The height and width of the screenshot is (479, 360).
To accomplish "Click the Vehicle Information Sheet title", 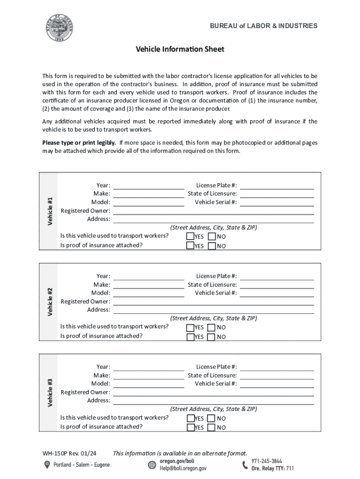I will pyautogui.click(x=180, y=49).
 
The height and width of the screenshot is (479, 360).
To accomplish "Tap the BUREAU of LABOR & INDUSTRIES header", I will pyautogui.click(x=263, y=26).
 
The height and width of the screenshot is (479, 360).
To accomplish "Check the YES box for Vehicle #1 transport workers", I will pyautogui.click(x=190, y=236).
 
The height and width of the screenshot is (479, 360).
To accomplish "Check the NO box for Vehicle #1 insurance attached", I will pyautogui.click(x=212, y=246).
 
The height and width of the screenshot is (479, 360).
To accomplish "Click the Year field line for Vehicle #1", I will pyautogui.click(x=149, y=186).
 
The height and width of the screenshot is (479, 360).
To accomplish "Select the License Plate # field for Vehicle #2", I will pyautogui.click(x=277, y=276).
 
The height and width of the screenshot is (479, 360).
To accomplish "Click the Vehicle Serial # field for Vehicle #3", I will pyautogui.click(x=277, y=384).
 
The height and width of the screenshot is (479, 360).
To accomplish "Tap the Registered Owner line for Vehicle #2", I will pyautogui.click(x=213, y=302).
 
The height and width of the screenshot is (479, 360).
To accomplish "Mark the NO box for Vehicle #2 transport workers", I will pyautogui.click(x=212, y=327).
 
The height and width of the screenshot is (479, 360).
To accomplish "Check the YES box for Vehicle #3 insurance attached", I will pyautogui.click(x=190, y=427).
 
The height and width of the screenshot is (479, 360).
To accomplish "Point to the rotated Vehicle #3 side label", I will pyautogui.click(x=50, y=392).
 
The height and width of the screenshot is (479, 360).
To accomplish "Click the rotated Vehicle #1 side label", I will pyautogui.click(x=50, y=210).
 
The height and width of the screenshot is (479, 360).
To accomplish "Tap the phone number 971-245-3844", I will pyautogui.click(x=266, y=461).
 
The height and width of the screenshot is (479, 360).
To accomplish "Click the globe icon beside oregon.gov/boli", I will pyautogui.click(x=152, y=464).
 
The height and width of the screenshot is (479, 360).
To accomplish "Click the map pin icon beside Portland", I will pyautogui.click(x=47, y=464).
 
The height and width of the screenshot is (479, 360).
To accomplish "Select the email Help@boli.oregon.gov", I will pyautogui.click(x=183, y=468).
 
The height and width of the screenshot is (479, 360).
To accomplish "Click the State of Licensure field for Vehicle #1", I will pyautogui.click(x=277, y=194).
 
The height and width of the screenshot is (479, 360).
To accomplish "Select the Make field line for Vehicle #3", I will pyautogui.click(x=149, y=376).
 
